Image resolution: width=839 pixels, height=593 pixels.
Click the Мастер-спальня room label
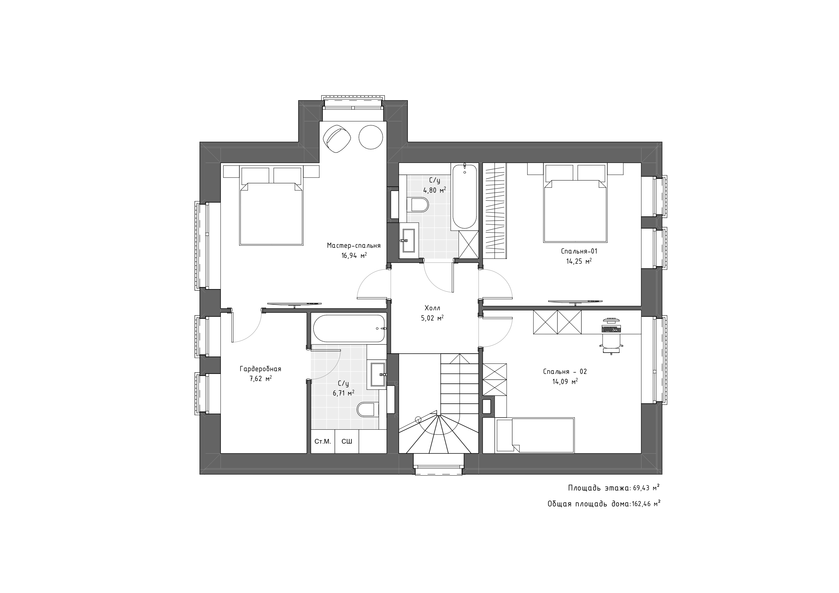pos(353,245)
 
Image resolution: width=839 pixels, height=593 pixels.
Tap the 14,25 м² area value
pos(579,261)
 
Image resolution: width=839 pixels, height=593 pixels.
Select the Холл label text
pos(432,308)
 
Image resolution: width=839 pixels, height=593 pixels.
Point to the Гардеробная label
pos(260,369)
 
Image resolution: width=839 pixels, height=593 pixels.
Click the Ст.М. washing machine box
pos(323,442)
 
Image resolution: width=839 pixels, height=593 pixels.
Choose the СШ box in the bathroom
pos(347,442)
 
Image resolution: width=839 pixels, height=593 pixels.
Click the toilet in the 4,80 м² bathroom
pos(418,205)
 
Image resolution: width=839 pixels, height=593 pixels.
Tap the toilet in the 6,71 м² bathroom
pos(368,409)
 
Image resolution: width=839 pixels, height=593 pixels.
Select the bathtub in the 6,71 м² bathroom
pos(349,329)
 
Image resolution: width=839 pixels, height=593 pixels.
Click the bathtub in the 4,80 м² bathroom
pos(464,197)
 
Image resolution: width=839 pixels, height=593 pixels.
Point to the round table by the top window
pos(371,137)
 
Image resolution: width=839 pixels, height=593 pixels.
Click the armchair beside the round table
pos(337,139)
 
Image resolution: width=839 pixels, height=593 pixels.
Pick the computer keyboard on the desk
pos(611,329)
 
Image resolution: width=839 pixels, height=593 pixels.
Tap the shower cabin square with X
pos(468,244)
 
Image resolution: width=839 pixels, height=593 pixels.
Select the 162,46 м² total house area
pos(646,504)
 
